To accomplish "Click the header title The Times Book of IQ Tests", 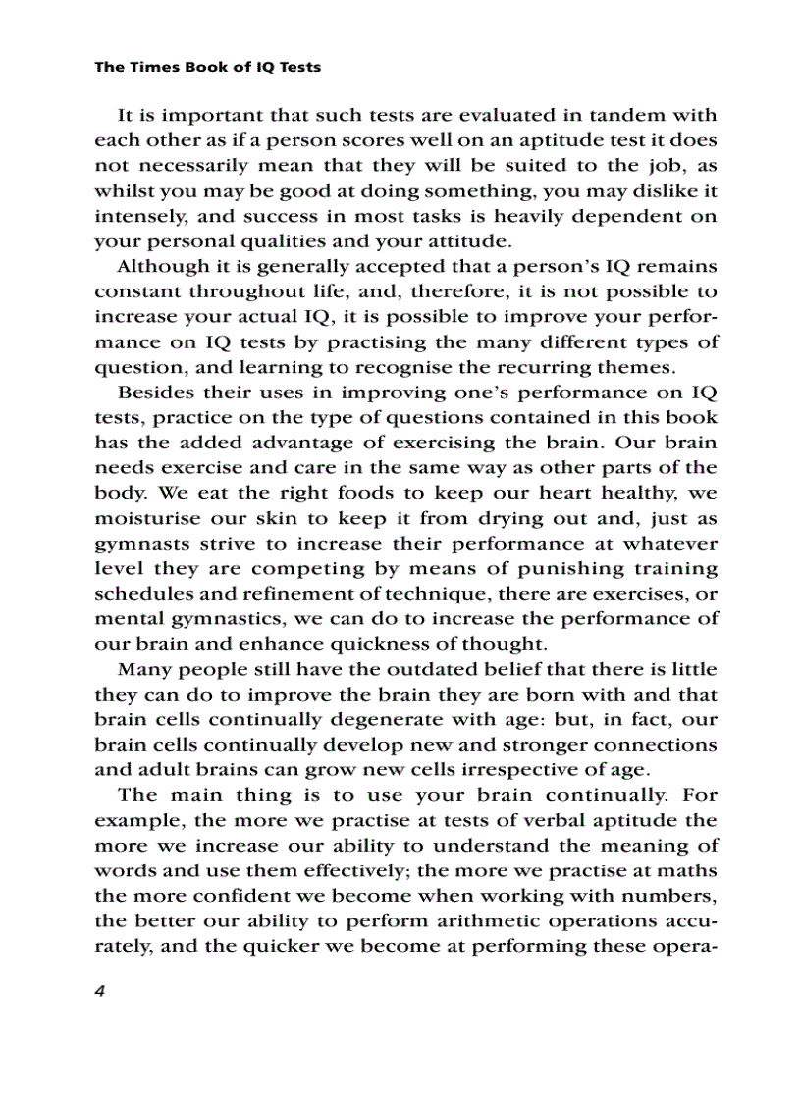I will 208,68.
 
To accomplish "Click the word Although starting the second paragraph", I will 163,267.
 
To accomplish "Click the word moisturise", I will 142,519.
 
